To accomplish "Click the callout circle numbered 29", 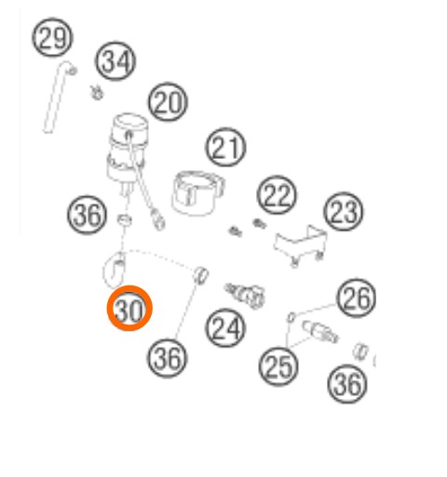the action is [52, 38].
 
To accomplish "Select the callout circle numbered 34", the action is [115, 60].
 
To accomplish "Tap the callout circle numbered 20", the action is [168, 101].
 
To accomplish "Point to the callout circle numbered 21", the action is [225, 147].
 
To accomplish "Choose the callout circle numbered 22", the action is [277, 195].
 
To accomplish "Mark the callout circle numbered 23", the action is [344, 211].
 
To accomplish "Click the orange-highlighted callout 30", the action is [129, 309].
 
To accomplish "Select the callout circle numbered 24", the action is [225, 328].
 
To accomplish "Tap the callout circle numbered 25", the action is [278, 366].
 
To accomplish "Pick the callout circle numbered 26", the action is [356, 298].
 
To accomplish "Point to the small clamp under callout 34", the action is [97, 93].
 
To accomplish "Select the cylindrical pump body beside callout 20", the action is [127, 153].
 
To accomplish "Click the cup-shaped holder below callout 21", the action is [197, 193].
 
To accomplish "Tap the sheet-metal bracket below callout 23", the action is [301, 245].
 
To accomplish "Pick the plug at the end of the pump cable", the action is [158, 220].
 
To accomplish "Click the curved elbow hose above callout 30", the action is [114, 271].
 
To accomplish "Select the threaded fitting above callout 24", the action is [245, 295].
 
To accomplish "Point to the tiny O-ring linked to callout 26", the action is [291, 318].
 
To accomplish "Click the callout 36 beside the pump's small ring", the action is [87, 215].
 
